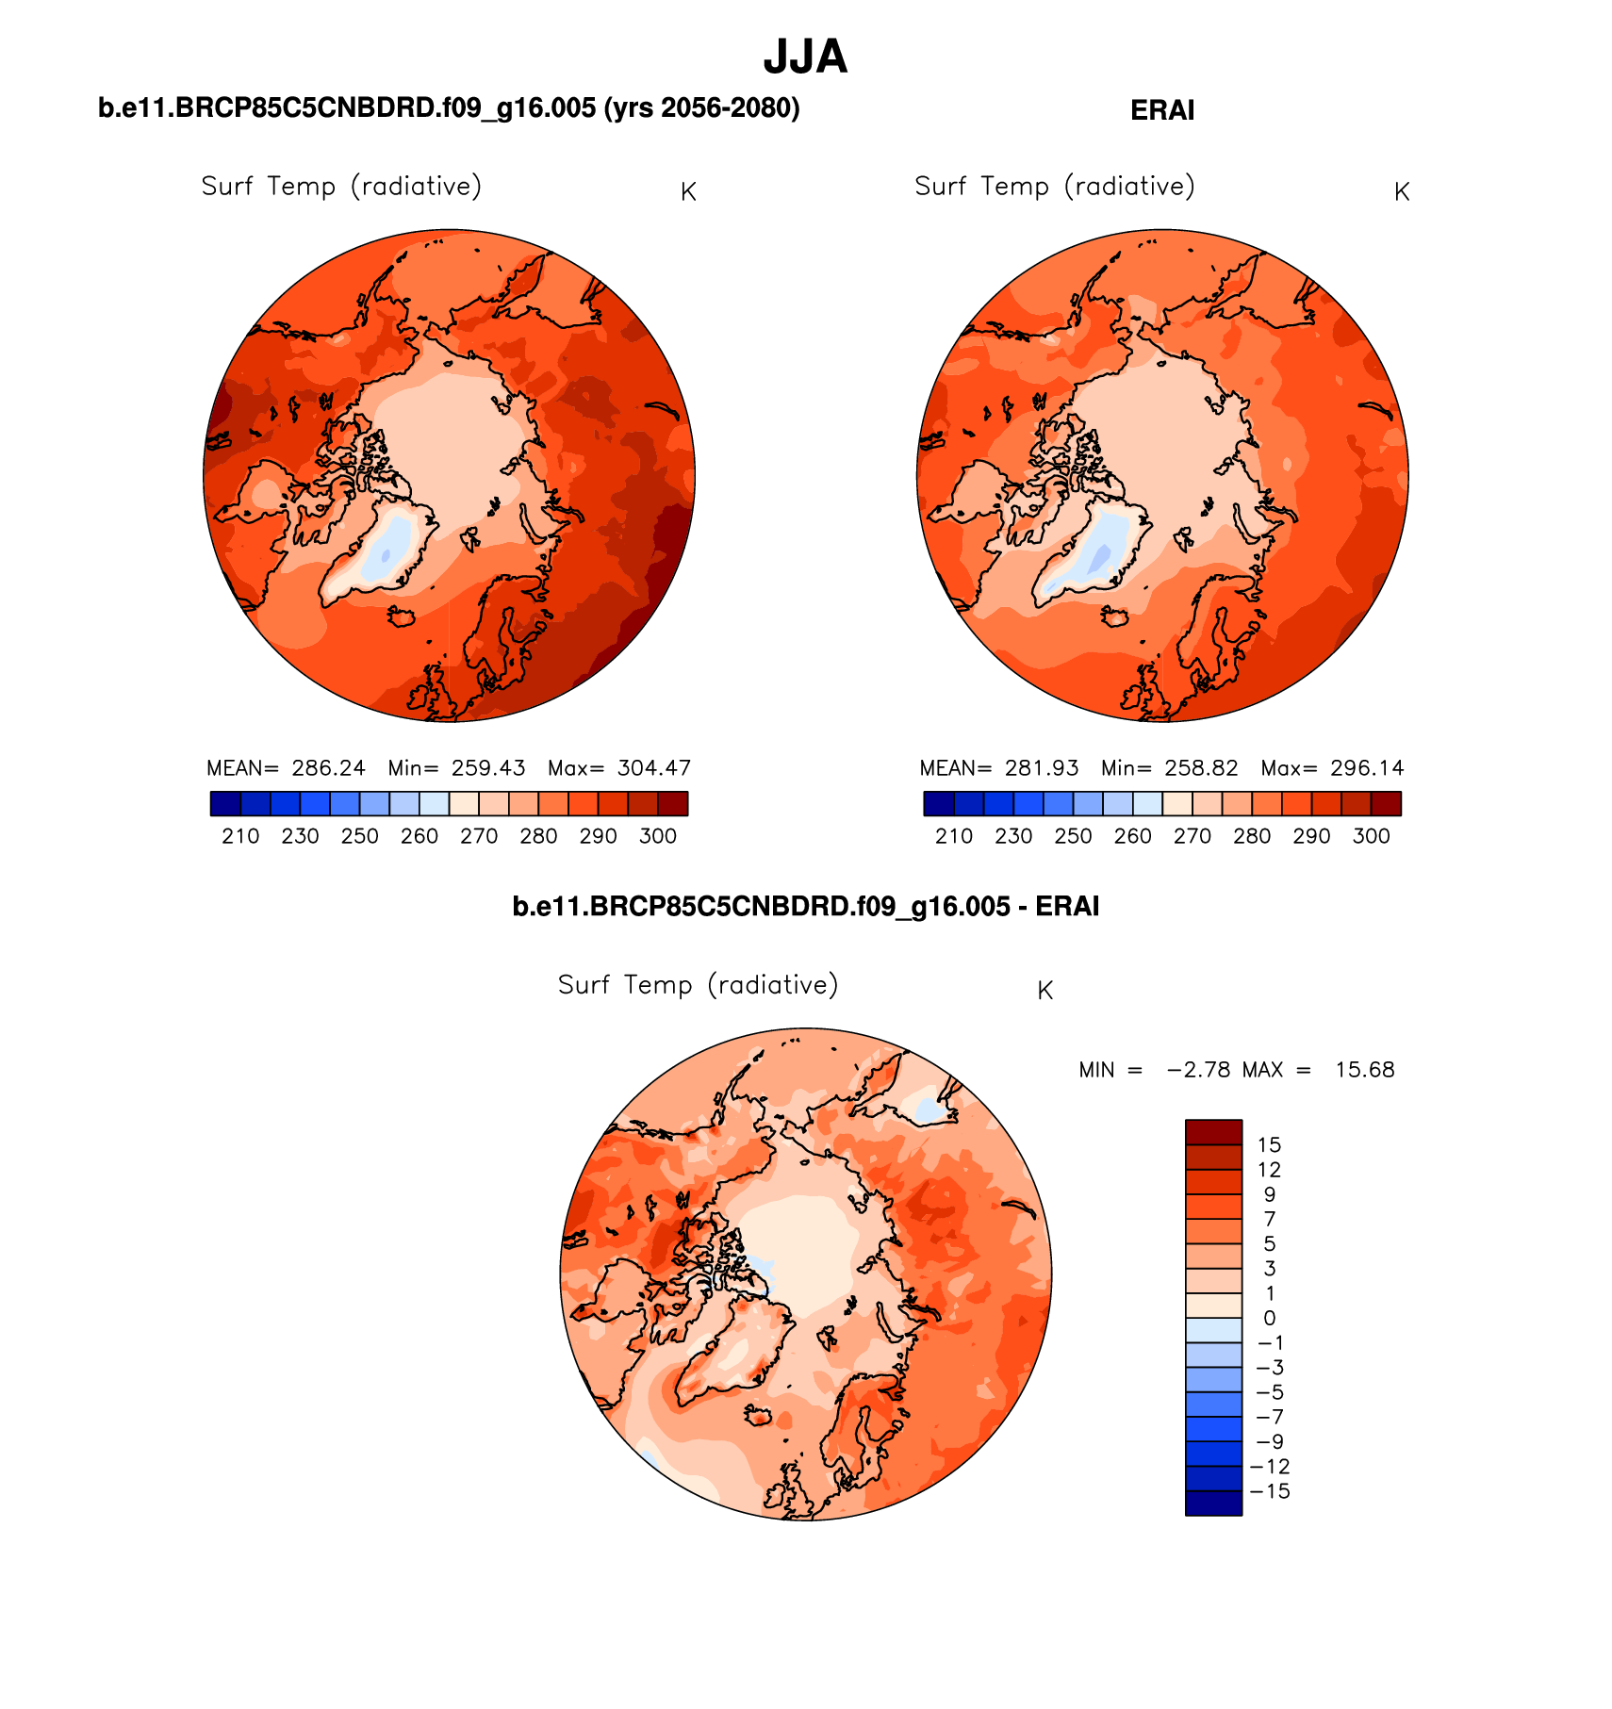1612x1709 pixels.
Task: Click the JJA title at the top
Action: pyautogui.click(x=805, y=58)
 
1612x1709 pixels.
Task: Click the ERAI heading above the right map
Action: pyautogui.click(x=1161, y=111)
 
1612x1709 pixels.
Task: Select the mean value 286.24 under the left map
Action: pyautogui.click(x=328, y=768)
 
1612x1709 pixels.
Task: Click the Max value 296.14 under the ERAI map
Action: pyautogui.click(x=1366, y=768)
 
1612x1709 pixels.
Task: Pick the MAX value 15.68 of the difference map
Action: pyautogui.click(x=1364, y=1070)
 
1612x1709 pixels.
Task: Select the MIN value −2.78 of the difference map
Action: pyautogui.click(x=1198, y=1070)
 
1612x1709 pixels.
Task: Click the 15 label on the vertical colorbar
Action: pyautogui.click(x=1269, y=1145)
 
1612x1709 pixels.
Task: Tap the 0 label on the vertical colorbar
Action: pyautogui.click(x=1269, y=1319)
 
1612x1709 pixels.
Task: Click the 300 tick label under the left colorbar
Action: pyautogui.click(x=657, y=837)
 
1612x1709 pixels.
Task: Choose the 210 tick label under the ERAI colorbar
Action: pyautogui.click(x=953, y=837)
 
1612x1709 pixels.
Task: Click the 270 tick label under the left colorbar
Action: pyautogui.click(x=478, y=837)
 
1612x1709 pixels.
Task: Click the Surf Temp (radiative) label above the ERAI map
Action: pyautogui.click(x=1054, y=187)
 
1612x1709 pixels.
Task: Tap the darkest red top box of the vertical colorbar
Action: pyautogui.click(x=1213, y=1132)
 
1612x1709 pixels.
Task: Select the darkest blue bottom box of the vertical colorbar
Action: pyautogui.click(x=1213, y=1503)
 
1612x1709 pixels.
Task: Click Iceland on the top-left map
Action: pyautogui.click(x=403, y=616)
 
